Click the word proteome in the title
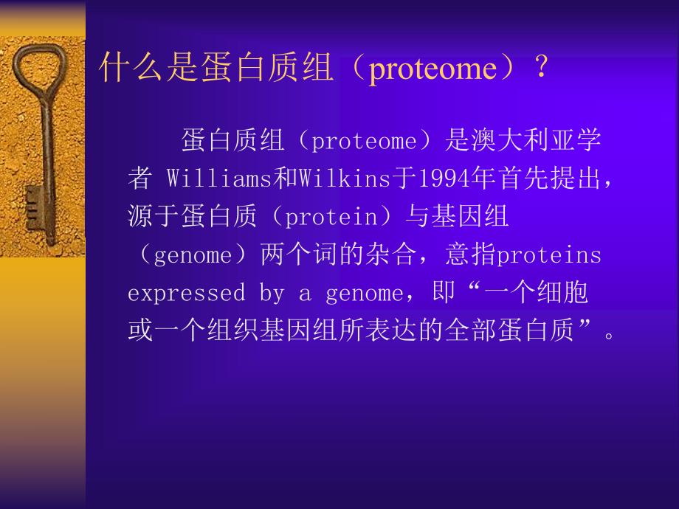click(432, 69)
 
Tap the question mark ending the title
click(541, 69)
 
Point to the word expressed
click(185, 294)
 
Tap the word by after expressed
click(271, 294)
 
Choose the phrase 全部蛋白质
click(509, 331)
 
